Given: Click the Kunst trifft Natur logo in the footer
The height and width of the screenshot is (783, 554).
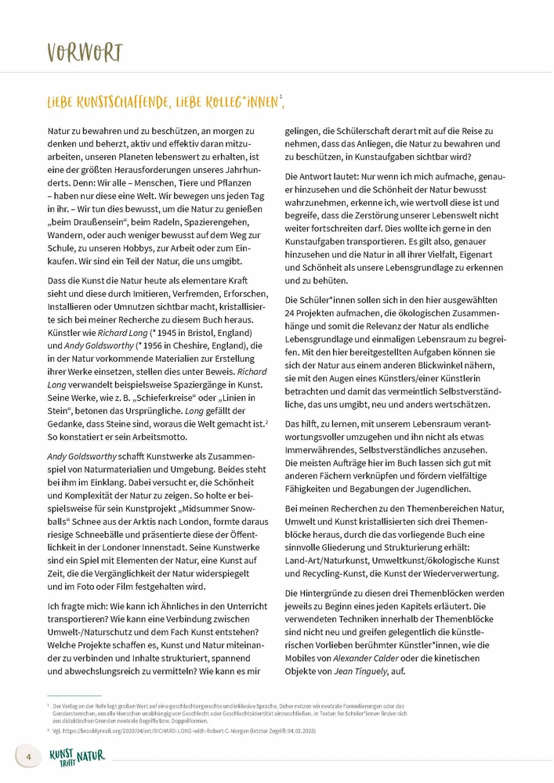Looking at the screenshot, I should click(x=77, y=756).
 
